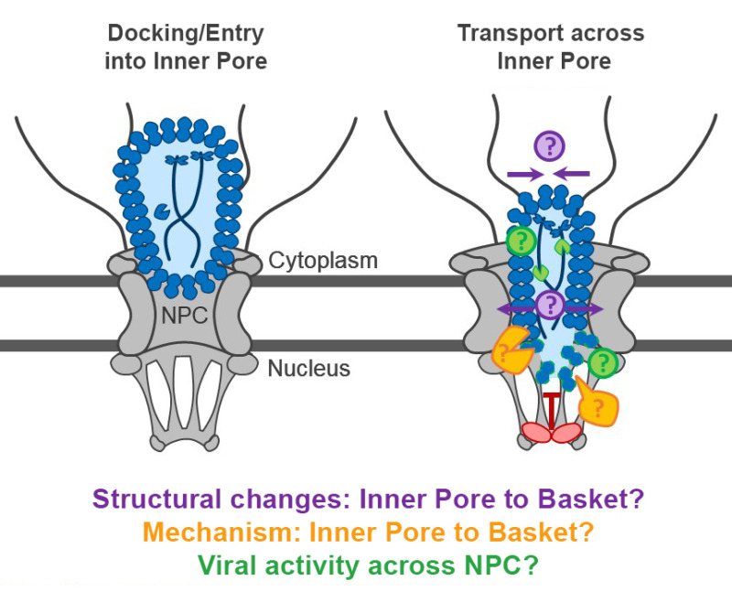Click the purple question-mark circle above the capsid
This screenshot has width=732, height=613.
(550, 145)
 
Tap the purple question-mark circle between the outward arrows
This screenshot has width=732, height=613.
(550, 306)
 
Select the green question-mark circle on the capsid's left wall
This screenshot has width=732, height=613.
(521, 242)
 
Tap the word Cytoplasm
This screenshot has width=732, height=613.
(322, 261)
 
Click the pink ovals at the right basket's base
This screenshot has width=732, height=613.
(551, 432)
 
